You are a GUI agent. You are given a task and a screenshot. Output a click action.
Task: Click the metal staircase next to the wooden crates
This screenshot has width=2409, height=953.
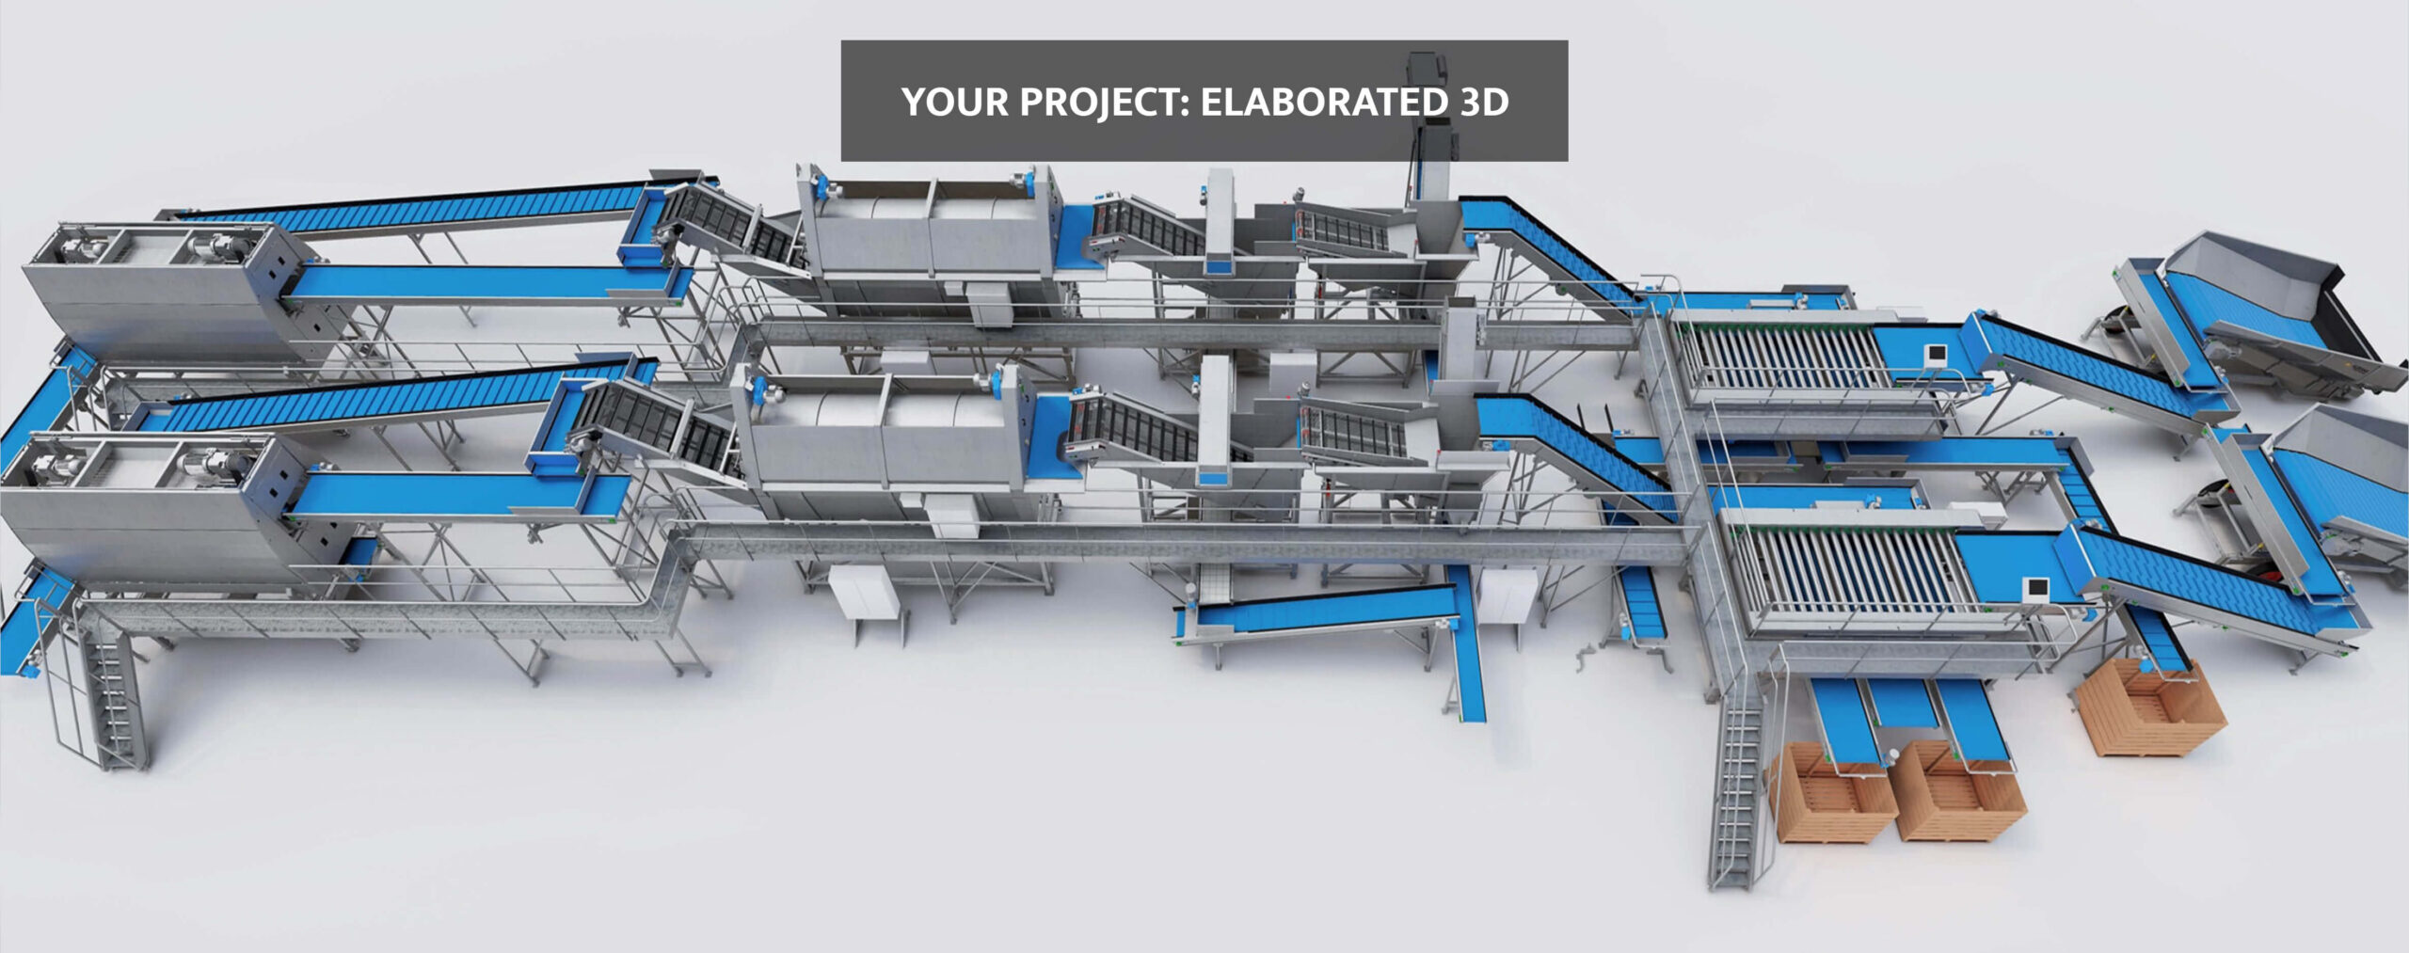[1737, 786]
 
